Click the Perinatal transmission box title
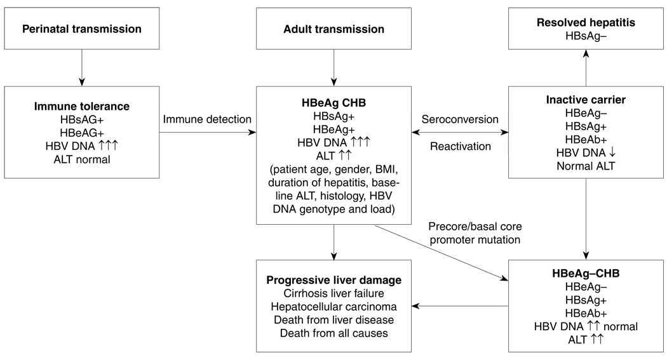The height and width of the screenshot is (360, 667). (x=81, y=29)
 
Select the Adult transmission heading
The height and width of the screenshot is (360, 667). (x=333, y=29)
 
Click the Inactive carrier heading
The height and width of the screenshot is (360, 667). (x=586, y=100)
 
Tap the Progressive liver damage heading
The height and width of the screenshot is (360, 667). (x=333, y=280)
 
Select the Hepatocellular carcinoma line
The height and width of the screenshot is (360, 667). (x=333, y=306)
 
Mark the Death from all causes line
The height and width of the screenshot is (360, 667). (x=333, y=333)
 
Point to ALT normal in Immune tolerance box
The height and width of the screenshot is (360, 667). (x=81, y=159)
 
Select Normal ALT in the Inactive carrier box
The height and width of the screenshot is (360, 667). (x=586, y=166)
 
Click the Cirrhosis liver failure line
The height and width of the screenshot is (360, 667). (x=333, y=293)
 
